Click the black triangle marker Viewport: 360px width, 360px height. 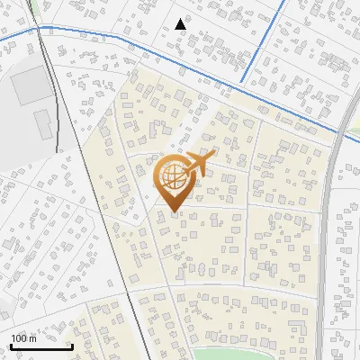181,24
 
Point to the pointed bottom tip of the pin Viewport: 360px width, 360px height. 175,212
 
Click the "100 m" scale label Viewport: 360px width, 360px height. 24,337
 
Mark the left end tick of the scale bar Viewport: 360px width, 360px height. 10,345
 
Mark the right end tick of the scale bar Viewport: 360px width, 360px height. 72,345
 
